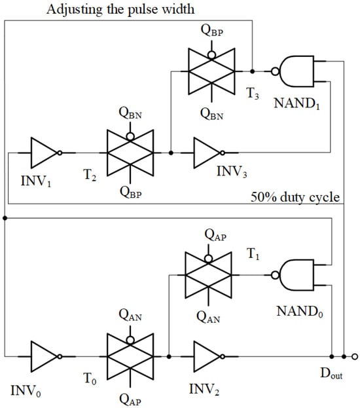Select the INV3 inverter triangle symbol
[x=208, y=153]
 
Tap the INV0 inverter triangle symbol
[x=45, y=358]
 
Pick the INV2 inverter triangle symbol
[x=208, y=358]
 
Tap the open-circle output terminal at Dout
[x=354, y=358]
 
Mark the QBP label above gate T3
[x=214, y=31]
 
